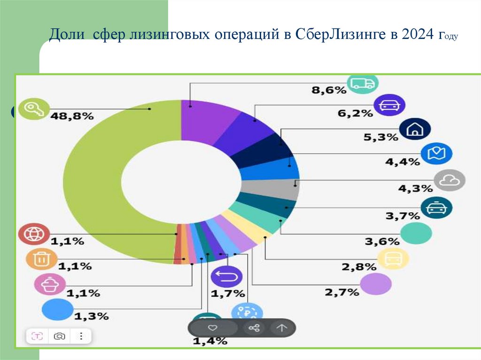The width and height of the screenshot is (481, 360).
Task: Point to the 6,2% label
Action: point(355,113)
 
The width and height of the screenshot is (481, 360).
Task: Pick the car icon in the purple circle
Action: point(389,106)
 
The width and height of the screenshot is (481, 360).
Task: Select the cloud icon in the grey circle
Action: point(450,180)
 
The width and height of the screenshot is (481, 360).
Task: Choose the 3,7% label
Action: point(402,216)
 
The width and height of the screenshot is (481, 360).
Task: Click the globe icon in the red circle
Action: point(33,235)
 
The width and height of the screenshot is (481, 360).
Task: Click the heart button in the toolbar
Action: point(212,328)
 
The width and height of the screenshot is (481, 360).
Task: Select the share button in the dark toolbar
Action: point(254,328)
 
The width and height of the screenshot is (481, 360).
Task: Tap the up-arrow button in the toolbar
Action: point(281,328)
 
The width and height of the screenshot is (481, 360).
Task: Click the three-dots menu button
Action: point(81,336)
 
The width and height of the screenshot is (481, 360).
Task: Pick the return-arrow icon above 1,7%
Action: point(226,277)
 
